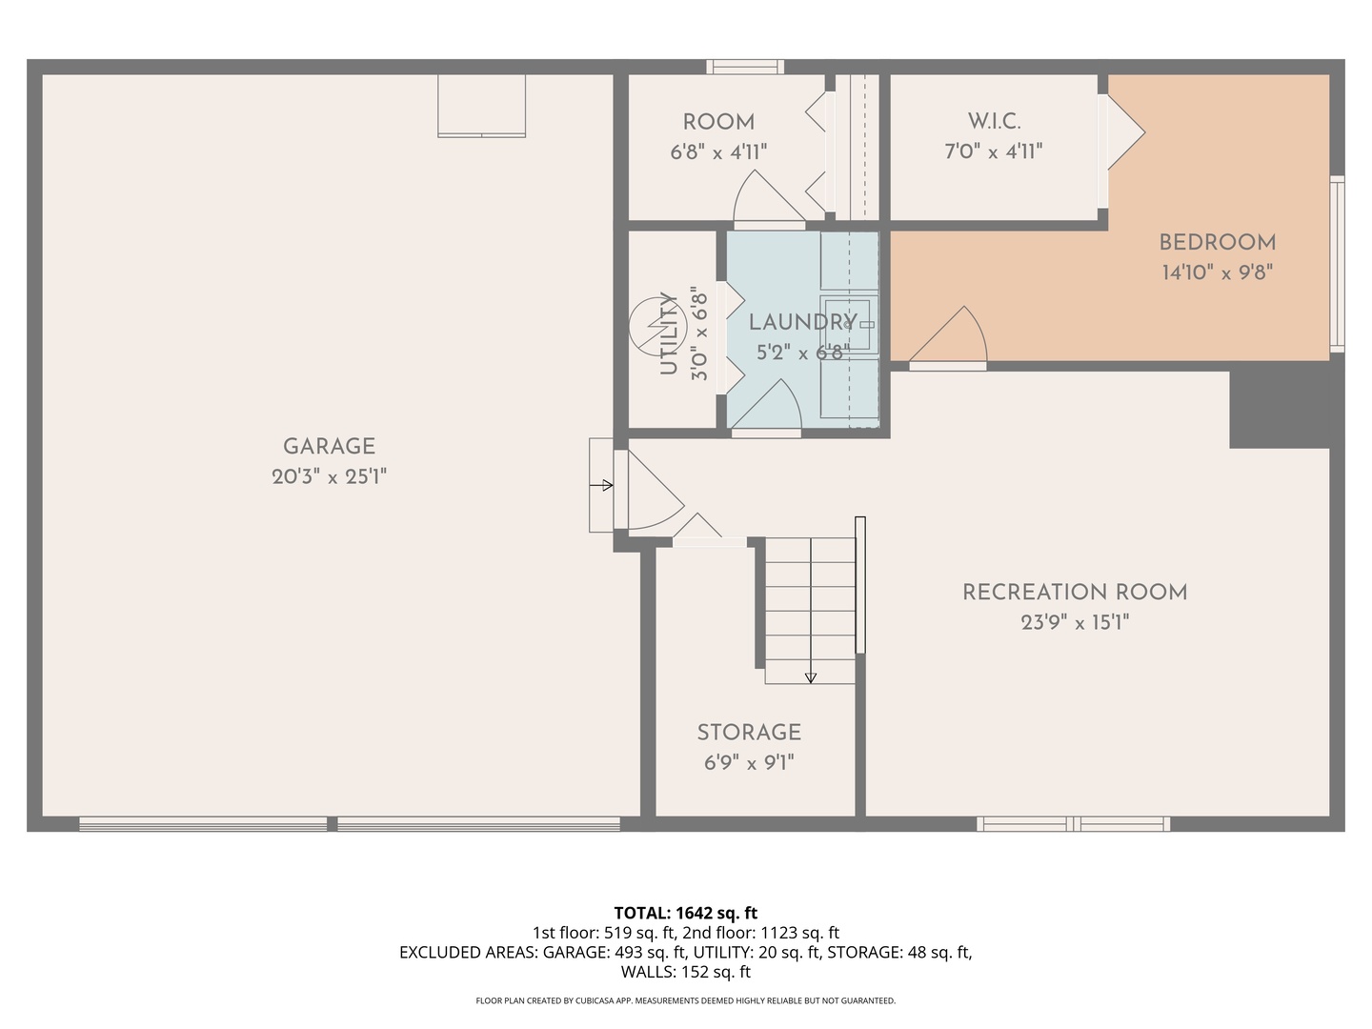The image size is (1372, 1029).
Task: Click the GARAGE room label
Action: click(x=329, y=446)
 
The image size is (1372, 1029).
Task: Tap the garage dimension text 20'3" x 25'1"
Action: click(x=329, y=476)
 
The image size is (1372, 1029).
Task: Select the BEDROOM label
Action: click(x=1218, y=242)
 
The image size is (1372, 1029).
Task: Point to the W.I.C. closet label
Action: click(x=994, y=121)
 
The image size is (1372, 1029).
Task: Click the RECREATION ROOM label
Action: click(x=1075, y=593)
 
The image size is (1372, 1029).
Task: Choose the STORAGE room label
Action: click(x=749, y=733)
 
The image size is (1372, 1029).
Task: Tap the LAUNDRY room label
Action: click(x=802, y=322)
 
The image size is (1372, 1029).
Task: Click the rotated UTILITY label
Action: click(x=669, y=333)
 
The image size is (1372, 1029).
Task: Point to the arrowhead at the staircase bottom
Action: click(x=811, y=677)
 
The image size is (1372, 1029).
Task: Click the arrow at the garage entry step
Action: click(x=601, y=485)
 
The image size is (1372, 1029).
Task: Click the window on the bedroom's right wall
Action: click(x=1337, y=264)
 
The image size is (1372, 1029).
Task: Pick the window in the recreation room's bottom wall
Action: click(x=1073, y=824)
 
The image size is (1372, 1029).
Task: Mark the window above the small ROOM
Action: click(x=745, y=67)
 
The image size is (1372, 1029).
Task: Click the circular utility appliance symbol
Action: click(x=657, y=326)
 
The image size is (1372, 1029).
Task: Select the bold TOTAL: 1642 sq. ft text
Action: click(x=686, y=914)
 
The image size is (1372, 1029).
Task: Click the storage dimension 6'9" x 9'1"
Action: click(x=749, y=763)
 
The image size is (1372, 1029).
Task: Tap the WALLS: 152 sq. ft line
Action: click(x=686, y=972)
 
